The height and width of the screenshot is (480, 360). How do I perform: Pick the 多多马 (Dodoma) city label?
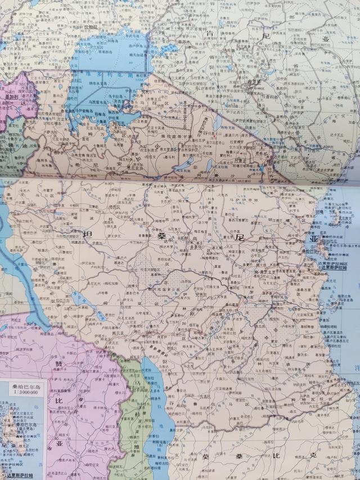pyautogui.click(x=195, y=246)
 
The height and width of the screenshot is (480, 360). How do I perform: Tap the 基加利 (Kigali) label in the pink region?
pyautogui.click(x=11, y=96)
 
